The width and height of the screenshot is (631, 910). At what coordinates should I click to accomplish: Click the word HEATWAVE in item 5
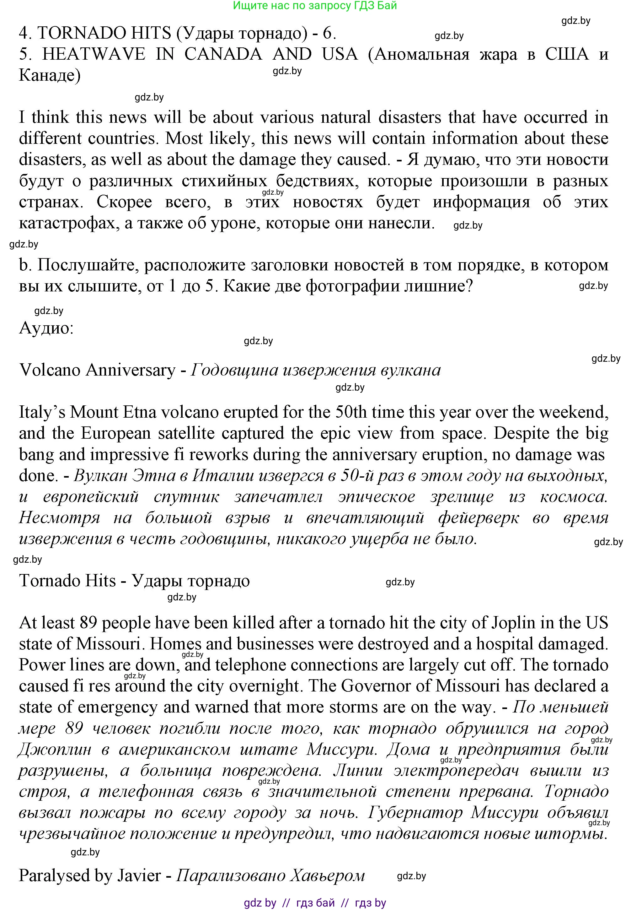coord(94,54)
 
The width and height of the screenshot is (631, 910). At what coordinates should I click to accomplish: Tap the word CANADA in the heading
coord(223,54)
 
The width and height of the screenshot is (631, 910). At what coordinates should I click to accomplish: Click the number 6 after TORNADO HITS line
coord(328,33)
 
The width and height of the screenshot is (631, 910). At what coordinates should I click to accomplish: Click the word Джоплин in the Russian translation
coord(55,749)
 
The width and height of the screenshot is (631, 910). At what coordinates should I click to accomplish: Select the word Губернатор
coord(415,812)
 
